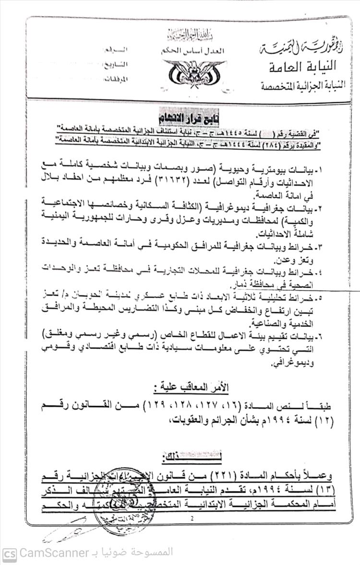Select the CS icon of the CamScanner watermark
click(x=10, y=553)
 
